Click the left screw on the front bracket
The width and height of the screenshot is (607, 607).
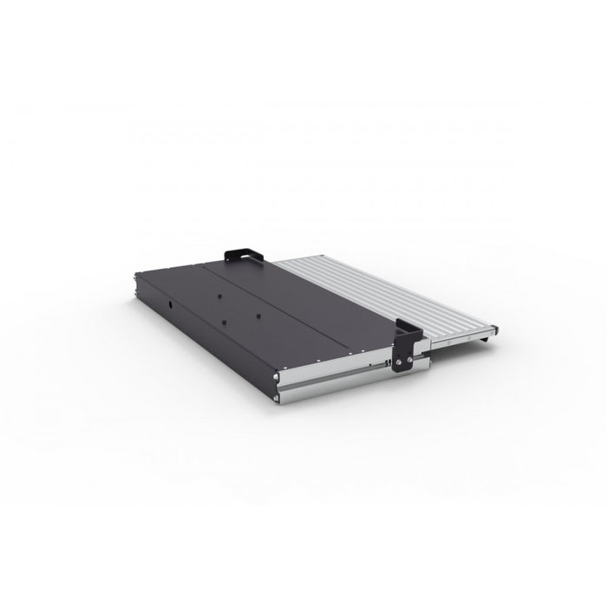tap(401, 360)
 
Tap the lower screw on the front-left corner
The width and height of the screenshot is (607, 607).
tap(277, 392)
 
